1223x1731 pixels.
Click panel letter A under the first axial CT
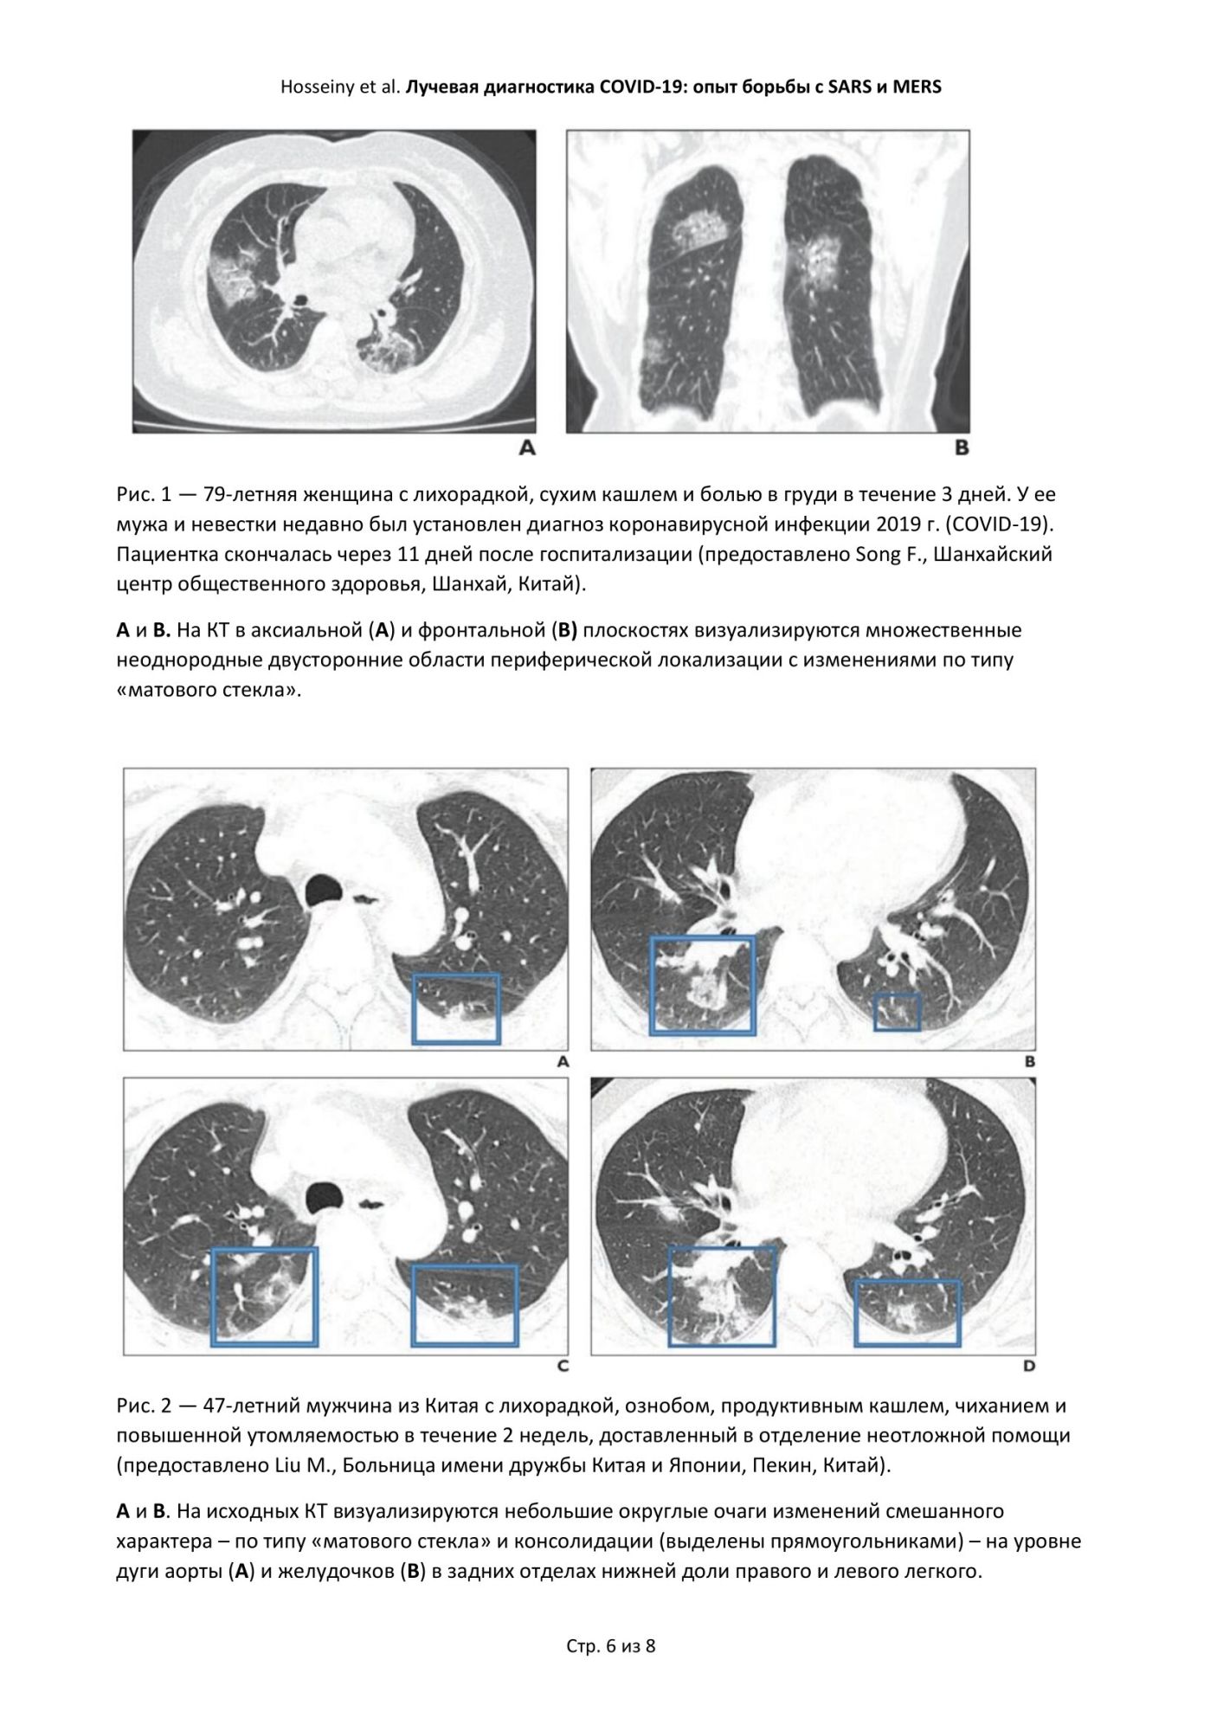click(x=526, y=448)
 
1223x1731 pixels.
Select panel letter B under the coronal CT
click(x=961, y=448)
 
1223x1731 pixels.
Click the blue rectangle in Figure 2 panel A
click(x=456, y=1008)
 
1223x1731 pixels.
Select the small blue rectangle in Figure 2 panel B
click(x=897, y=1012)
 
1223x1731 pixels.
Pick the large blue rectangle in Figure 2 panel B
click(x=702, y=985)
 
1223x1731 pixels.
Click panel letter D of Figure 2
click(x=1029, y=1367)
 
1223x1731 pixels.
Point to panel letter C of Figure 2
click(x=563, y=1367)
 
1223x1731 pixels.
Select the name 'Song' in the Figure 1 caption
click(x=878, y=554)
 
